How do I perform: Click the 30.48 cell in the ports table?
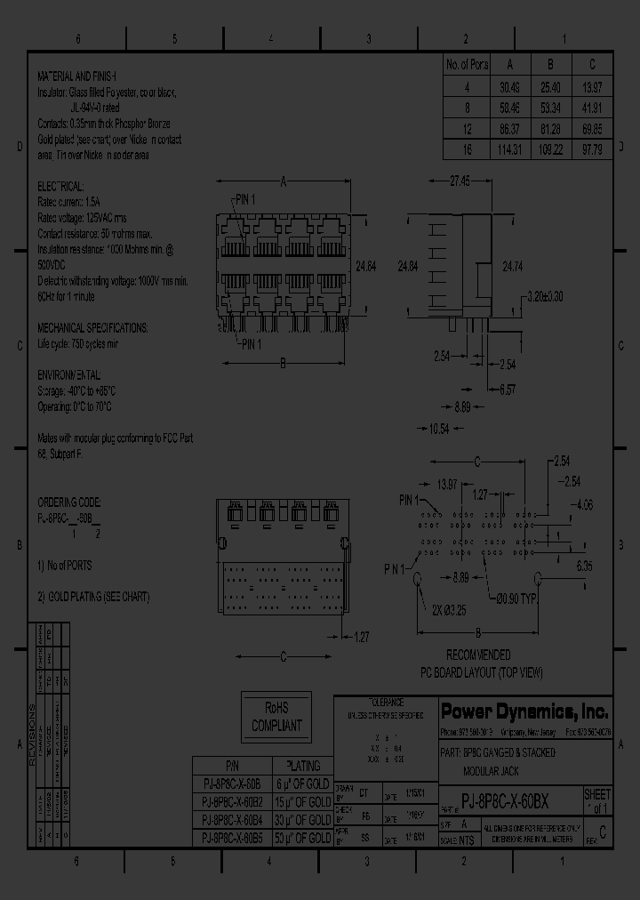tap(509, 88)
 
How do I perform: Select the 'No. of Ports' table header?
tap(466, 64)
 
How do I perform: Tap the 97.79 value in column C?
tap(592, 149)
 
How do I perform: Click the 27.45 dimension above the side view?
tap(460, 181)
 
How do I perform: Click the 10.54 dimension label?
tap(438, 430)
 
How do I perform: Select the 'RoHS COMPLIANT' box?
tap(276, 717)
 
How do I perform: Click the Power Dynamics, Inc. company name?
tap(524, 711)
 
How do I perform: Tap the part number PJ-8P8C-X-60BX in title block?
tap(511, 799)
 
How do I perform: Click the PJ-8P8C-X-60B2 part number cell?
tap(231, 802)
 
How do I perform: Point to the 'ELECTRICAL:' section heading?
tap(60, 187)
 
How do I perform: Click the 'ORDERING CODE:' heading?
tap(69, 502)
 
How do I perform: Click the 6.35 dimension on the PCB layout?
tap(583, 566)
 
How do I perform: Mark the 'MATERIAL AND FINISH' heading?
tap(79, 77)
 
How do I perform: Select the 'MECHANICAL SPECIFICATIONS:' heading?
tap(92, 327)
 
